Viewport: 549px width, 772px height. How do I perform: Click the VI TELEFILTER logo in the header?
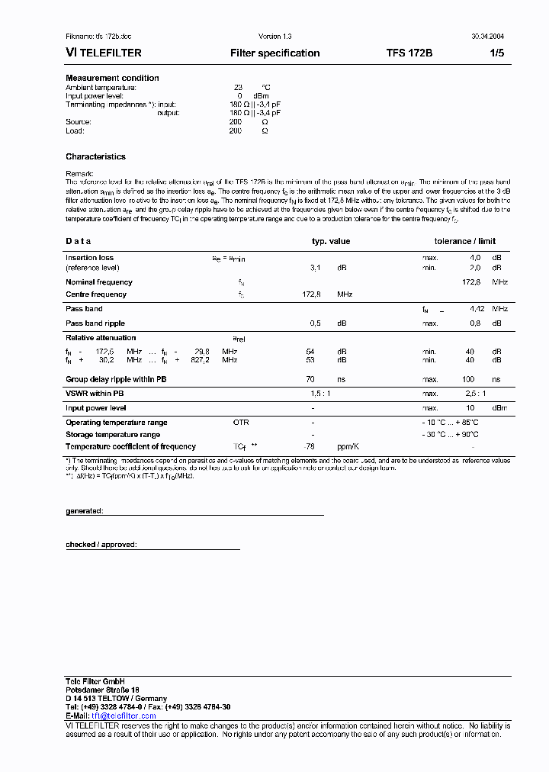click(x=104, y=53)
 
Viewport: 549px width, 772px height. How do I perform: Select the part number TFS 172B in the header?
click(x=409, y=53)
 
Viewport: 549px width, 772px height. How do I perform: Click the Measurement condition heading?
click(x=112, y=78)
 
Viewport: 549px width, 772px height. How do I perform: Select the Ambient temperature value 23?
click(x=238, y=88)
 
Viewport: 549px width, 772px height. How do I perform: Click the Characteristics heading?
click(x=95, y=156)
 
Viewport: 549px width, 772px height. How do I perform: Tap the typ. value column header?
click(x=331, y=241)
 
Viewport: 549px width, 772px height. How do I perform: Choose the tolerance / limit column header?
click(x=464, y=241)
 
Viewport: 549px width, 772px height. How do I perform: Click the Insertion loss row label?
click(x=89, y=258)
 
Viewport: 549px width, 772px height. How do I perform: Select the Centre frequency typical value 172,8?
click(x=312, y=294)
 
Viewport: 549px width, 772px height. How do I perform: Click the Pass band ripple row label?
click(x=95, y=323)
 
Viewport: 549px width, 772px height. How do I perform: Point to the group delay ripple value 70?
click(x=310, y=379)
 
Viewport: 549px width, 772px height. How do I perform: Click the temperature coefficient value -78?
click(x=310, y=447)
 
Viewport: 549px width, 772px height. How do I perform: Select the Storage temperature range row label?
click(x=113, y=435)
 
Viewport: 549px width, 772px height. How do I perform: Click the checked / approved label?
click(x=101, y=545)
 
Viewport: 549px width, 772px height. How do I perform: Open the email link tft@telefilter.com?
click(x=120, y=716)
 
